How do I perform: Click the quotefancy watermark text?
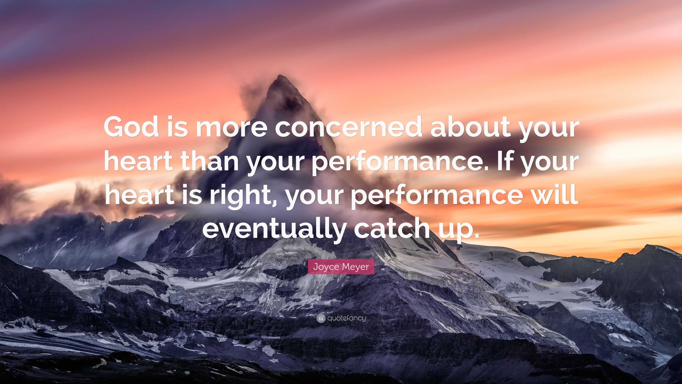[346, 318]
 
